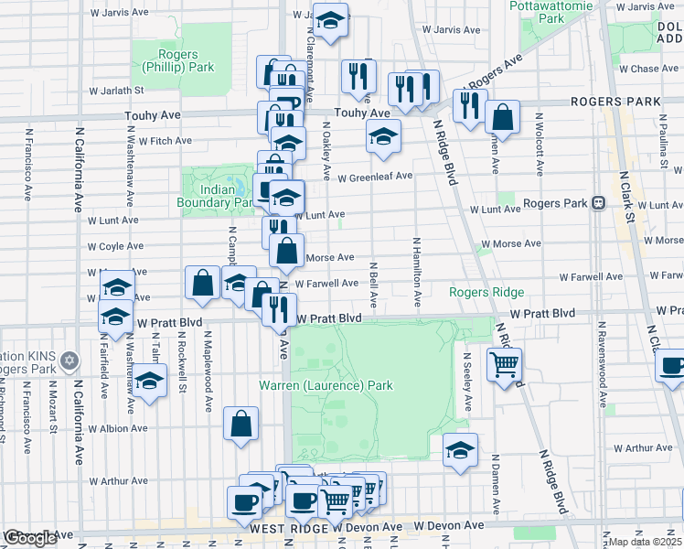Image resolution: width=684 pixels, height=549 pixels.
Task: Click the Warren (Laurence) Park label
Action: [x=326, y=385]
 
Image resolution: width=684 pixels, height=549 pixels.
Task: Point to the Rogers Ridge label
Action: [x=486, y=292]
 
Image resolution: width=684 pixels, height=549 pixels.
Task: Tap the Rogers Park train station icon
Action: [x=600, y=203]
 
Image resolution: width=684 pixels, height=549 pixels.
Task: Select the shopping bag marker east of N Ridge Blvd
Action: [x=502, y=117]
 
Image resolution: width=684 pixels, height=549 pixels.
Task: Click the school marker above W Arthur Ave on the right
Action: [x=460, y=449]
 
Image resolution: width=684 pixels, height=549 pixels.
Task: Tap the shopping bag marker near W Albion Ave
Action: [x=241, y=423]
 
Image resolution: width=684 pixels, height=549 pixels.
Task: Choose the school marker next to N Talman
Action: [x=150, y=382]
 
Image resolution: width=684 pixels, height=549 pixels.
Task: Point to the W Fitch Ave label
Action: [x=164, y=141]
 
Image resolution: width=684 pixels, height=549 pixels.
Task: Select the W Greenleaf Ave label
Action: [x=375, y=177]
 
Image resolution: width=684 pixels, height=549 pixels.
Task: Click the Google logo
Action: [x=30, y=538]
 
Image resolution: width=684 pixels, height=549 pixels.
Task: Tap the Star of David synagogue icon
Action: [x=80, y=357]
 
